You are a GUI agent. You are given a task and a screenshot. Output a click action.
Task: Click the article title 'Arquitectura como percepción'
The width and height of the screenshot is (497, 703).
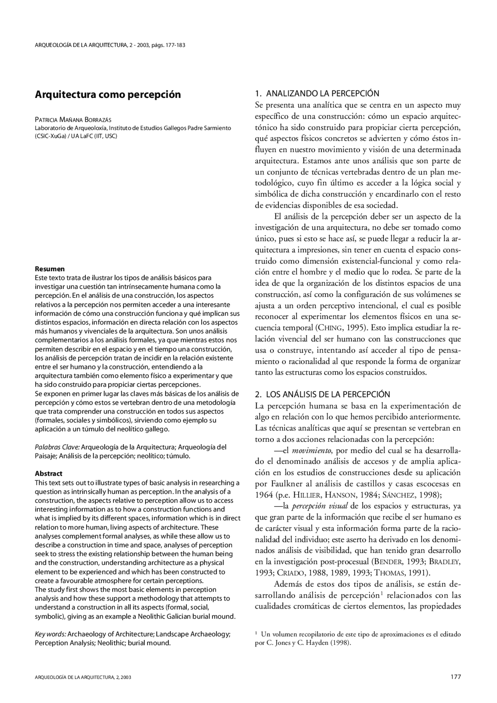click(x=108, y=94)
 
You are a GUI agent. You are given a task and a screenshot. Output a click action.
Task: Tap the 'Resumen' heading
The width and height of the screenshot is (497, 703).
click(x=50, y=269)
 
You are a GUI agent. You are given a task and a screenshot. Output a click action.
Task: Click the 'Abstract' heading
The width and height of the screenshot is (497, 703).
click(x=49, y=474)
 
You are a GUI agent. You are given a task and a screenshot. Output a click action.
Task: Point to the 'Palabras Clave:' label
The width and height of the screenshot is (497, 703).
click(x=57, y=447)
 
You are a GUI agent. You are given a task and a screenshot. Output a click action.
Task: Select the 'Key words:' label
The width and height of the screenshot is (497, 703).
click(x=50, y=634)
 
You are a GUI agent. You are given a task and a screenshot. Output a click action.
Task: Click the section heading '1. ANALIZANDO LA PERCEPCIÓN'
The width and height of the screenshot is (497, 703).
click(x=317, y=93)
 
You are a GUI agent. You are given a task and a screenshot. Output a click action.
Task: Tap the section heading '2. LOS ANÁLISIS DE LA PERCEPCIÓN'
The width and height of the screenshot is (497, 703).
click(x=322, y=394)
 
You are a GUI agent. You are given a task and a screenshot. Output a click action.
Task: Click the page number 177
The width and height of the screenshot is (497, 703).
click(x=455, y=677)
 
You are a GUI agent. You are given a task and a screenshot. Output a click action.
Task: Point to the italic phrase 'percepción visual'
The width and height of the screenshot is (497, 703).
click(x=320, y=506)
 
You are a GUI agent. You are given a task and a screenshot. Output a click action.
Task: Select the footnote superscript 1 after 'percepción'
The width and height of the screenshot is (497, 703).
click(x=382, y=593)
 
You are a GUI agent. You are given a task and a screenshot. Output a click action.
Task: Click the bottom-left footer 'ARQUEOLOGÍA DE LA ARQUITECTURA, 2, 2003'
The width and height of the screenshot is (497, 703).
click(x=83, y=677)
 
